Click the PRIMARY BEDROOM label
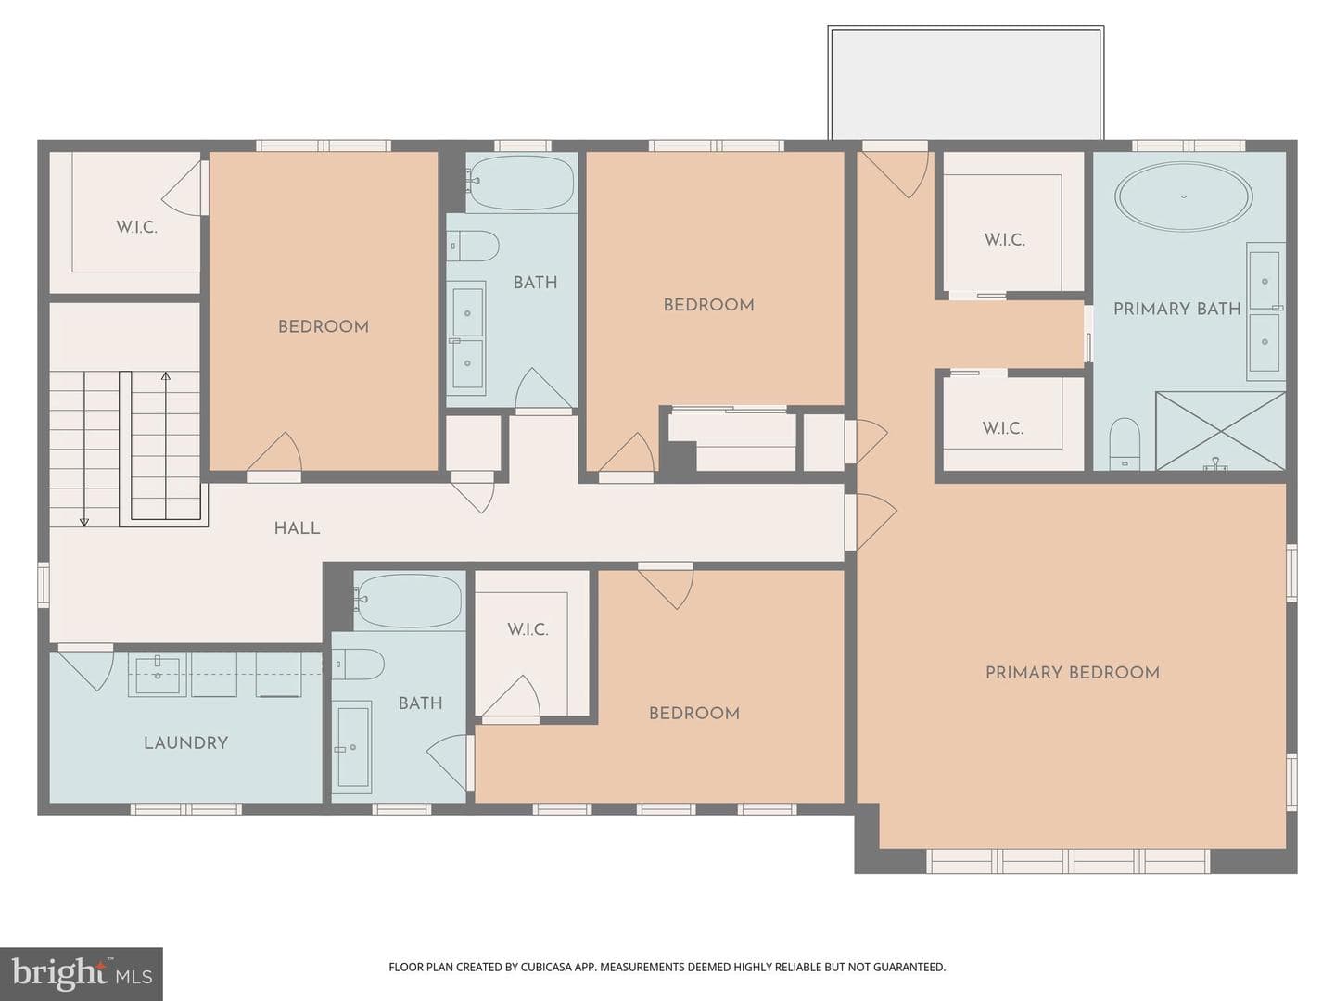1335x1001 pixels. [1073, 673]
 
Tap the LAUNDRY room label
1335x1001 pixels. [185, 742]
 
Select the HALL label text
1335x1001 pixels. [297, 528]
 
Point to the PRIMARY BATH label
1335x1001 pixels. [1176, 309]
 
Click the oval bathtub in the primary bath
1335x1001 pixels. [1184, 196]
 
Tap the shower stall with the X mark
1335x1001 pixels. [1221, 431]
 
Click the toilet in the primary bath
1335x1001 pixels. [1125, 444]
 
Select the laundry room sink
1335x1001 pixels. [158, 674]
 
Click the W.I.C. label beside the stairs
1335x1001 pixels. [137, 227]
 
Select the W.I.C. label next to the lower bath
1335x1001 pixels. [528, 629]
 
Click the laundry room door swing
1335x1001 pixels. [85, 671]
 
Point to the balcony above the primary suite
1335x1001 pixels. [966, 83]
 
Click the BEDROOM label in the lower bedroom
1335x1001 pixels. [694, 714]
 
